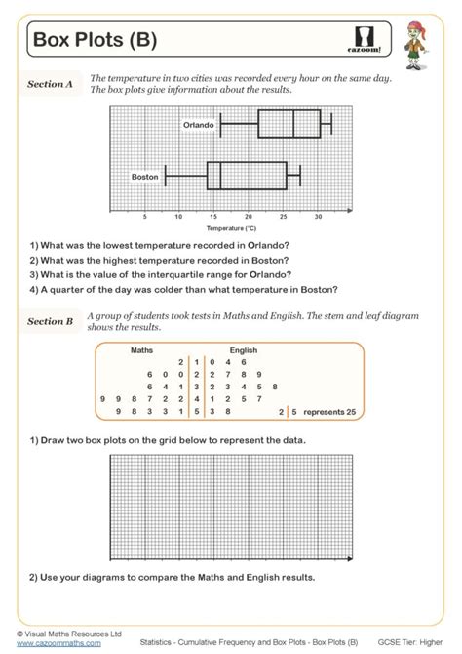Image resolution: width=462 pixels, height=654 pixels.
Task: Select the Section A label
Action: (50, 85)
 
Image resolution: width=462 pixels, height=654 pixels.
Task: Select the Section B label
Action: (50, 321)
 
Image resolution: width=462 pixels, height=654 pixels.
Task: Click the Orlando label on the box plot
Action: (198, 125)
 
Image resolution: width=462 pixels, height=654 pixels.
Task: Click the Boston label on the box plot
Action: (145, 176)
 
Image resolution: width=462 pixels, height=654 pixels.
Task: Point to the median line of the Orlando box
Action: (293, 125)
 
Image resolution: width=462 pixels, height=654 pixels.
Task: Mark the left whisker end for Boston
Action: (166, 176)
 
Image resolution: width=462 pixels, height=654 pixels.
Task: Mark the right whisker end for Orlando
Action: (331, 125)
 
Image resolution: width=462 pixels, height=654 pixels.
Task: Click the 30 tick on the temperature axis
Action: (318, 217)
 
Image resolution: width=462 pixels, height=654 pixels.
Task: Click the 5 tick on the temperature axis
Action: (144, 217)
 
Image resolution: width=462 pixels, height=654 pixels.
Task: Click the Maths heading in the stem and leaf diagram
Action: (141, 349)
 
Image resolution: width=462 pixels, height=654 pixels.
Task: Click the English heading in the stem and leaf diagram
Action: (244, 349)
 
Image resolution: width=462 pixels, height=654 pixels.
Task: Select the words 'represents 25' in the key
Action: (330, 413)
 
